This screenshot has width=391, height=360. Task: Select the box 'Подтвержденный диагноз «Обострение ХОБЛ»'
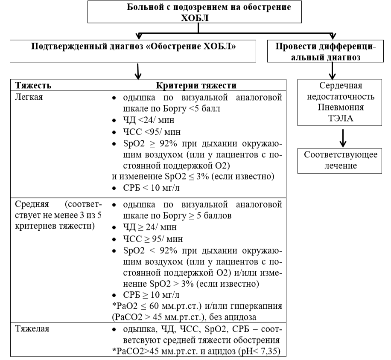tap(134, 50)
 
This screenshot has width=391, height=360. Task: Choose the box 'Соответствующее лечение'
tap(340, 160)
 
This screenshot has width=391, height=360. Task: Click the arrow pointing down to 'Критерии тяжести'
tap(137, 71)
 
